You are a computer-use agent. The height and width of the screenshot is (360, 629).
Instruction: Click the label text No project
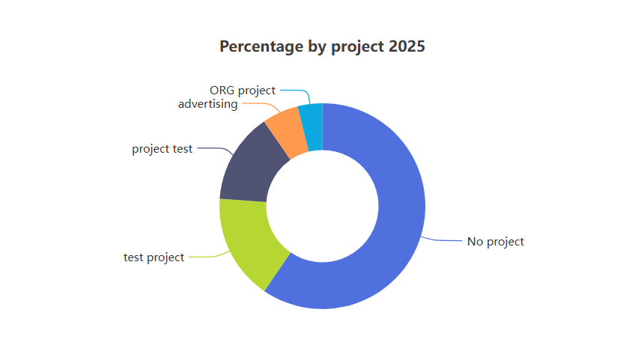(496, 242)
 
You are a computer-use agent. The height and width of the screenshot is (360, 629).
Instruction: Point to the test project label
(154, 257)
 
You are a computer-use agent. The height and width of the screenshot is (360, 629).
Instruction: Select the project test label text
(162, 149)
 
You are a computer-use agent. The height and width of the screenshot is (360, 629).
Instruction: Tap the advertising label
(207, 104)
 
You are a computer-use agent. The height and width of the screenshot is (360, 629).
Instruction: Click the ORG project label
(243, 91)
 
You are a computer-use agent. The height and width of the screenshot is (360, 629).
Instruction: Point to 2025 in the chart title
(407, 46)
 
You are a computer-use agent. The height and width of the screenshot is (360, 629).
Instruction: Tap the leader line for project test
(213, 149)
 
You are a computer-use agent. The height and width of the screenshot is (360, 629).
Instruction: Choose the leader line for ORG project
(296, 91)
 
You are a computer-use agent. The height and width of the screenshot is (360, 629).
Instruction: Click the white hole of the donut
(322, 206)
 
